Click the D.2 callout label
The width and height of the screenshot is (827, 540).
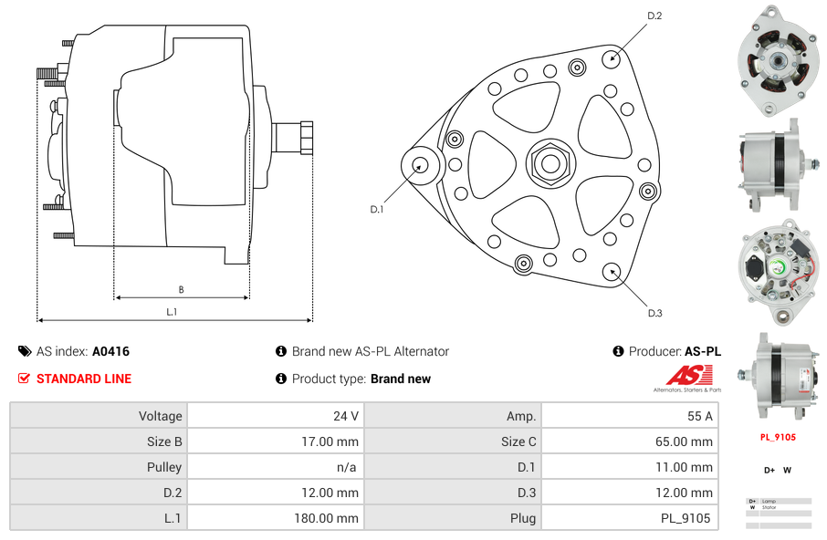tap(654, 16)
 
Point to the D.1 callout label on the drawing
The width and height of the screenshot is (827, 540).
tap(377, 209)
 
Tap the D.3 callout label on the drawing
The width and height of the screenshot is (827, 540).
tap(654, 314)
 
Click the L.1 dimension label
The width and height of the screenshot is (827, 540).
tap(172, 312)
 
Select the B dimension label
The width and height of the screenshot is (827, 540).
tap(181, 290)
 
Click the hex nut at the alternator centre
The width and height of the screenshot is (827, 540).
tap(550, 164)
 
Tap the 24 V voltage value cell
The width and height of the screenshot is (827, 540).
tap(273, 416)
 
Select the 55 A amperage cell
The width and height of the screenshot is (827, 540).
tap(628, 416)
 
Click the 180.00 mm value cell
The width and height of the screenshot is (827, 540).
tap(273, 518)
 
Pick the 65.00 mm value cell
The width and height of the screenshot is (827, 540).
tap(628, 441)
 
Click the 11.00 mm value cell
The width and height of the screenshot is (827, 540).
tap(628, 467)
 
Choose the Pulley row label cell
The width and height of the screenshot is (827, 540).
tap(99, 467)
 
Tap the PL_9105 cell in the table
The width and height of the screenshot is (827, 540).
tap(628, 518)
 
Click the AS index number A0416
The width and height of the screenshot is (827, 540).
tap(111, 351)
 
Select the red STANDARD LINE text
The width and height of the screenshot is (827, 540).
tap(84, 379)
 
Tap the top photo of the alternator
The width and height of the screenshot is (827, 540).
tap(778, 60)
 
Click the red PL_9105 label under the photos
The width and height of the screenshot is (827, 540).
tap(778, 437)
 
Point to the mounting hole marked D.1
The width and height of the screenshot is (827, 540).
tap(421, 165)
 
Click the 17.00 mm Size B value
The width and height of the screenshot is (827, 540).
tap(273, 441)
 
